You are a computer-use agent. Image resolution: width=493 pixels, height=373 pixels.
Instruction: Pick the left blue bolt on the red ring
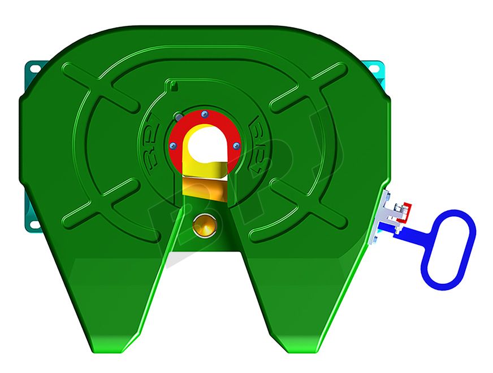point(173,146)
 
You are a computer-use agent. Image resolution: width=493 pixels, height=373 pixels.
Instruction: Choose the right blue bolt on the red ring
point(236,146)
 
